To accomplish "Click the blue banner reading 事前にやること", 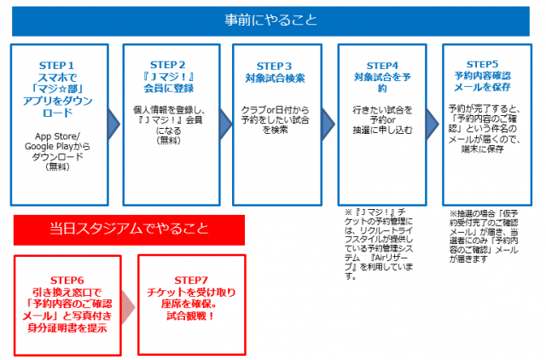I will point(273,18).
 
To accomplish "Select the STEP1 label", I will point(58,65).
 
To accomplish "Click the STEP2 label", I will point(167,64).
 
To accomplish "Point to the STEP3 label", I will point(276,66).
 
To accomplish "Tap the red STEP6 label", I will point(67,279).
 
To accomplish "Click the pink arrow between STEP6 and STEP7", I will point(127,304).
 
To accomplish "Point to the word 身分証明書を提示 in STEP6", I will point(67,328).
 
